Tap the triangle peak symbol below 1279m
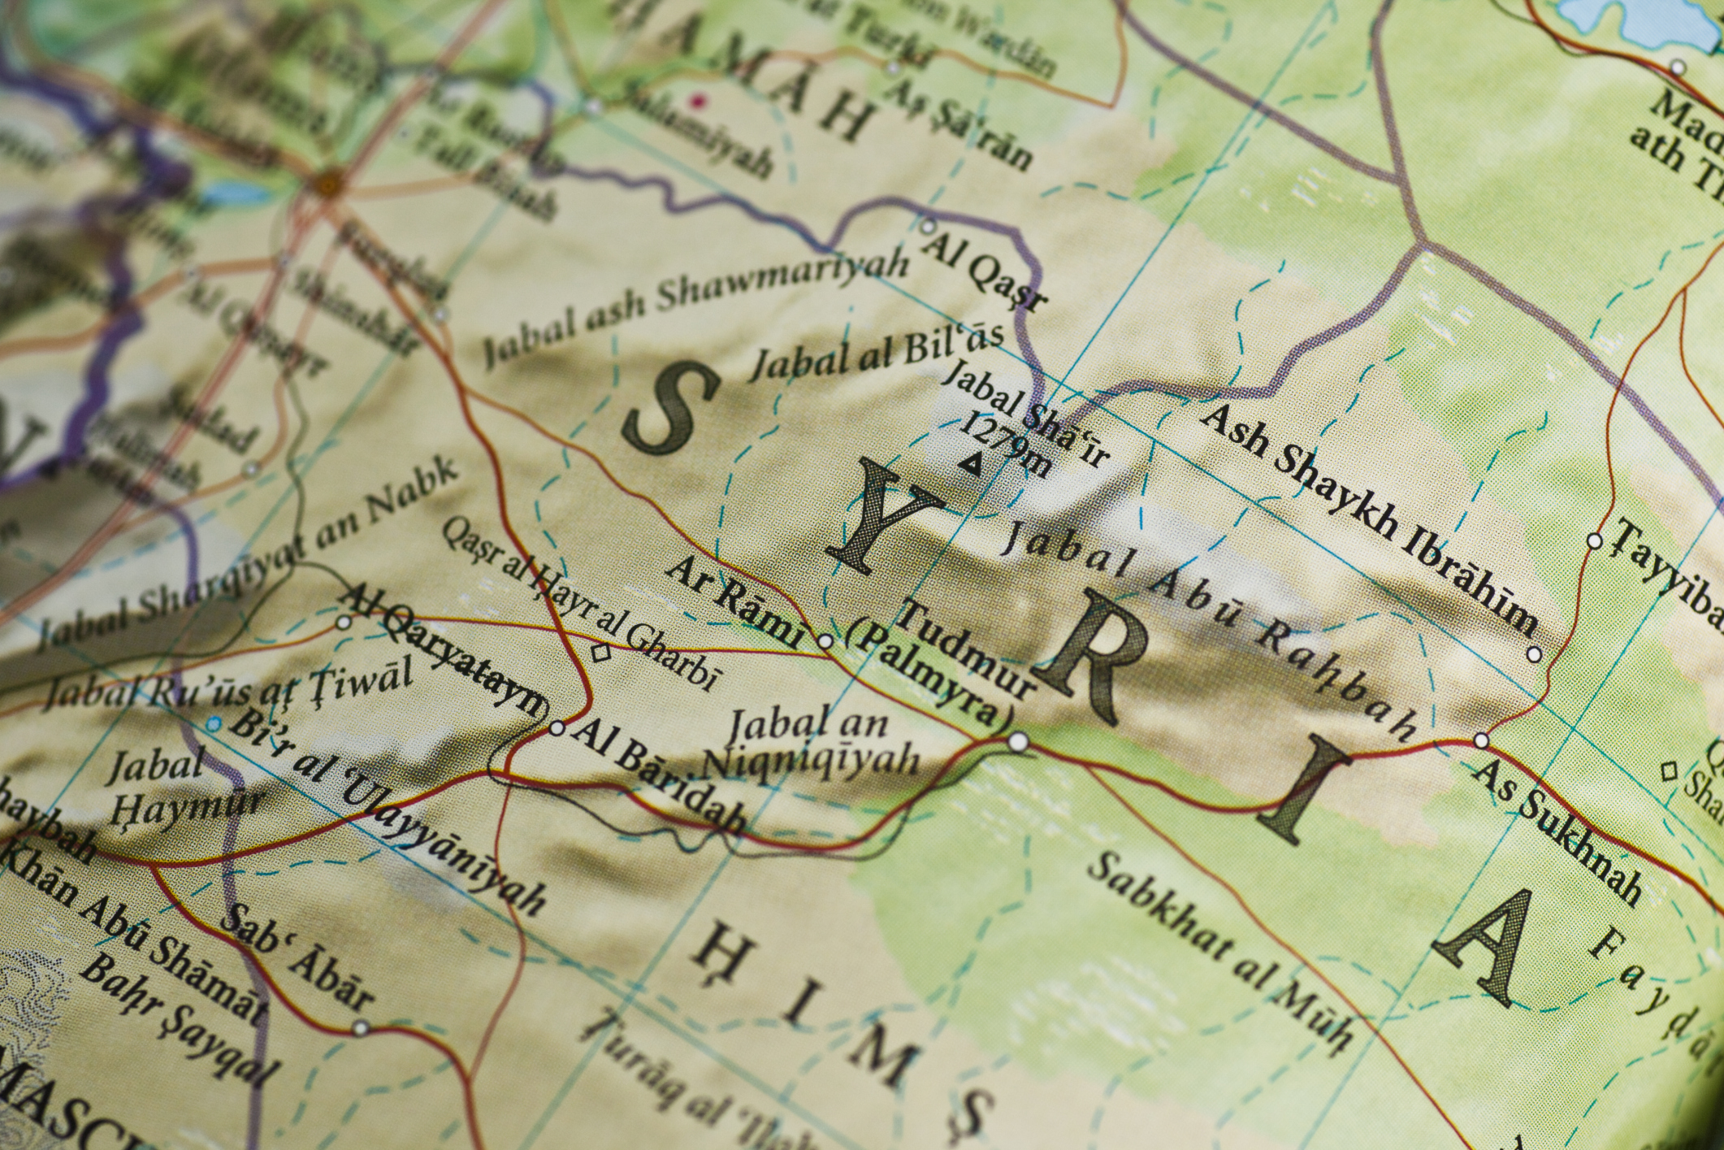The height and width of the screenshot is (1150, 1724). (x=968, y=464)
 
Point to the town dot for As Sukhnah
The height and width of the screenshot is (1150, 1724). (x=1481, y=740)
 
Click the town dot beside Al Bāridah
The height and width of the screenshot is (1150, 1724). (x=557, y=728)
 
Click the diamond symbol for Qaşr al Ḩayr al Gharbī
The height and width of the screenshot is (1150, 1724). (x=601, y=651)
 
